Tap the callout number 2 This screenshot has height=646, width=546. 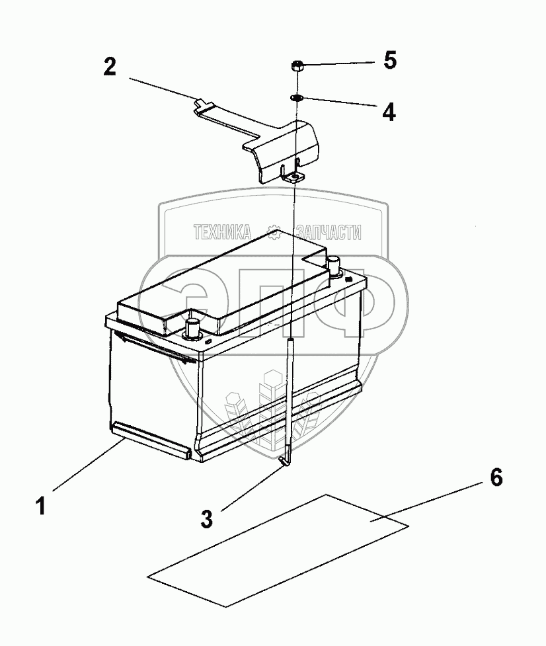(x=110, y=67)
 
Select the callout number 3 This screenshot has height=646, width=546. (x=207, y=518)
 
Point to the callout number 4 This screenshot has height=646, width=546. (x=389, y=110)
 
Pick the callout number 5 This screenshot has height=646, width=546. (x=389, y=61)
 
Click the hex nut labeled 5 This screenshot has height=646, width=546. (x=297, y=66)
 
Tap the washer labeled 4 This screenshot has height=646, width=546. (x=296, y=99)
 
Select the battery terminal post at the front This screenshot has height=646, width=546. (x=193, y=327)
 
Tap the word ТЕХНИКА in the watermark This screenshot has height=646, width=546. (x=222, y=231)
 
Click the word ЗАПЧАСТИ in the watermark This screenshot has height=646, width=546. (x=329, y=231)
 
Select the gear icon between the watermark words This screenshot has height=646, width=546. (x=276, y=231)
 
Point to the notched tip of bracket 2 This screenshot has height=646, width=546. (x=202, y=102)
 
